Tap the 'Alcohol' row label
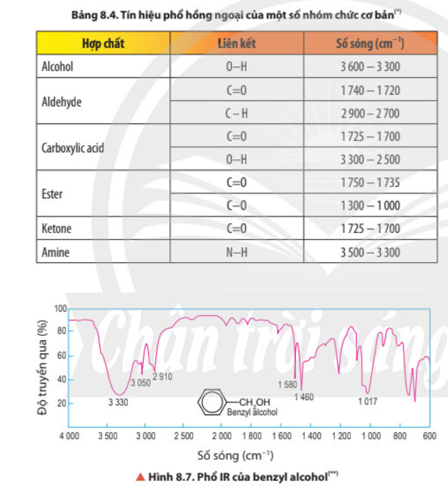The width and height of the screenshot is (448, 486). pyautogui.click(x=58, y=68)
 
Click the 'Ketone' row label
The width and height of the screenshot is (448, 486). pyautogui.click(x=57, y=229)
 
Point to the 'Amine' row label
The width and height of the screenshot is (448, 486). pyautogui.click(x=56, y=252)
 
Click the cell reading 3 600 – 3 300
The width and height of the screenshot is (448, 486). pyautogui.click(x=370, y=68)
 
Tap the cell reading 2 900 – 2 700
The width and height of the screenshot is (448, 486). pyautogui.click(x=370, y=113)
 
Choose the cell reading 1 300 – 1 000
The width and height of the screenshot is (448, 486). pyautogui.click(x=370, y=205)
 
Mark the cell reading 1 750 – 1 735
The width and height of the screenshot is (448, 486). pyautogui.click(x=370, y=183)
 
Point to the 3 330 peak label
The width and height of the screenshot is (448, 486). pyautogui.click(x=119, y=402)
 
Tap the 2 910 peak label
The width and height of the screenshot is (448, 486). pyautogui.click(x=162, y=376)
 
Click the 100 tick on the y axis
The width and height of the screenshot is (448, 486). pyautogui.click(x=60, y=309)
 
